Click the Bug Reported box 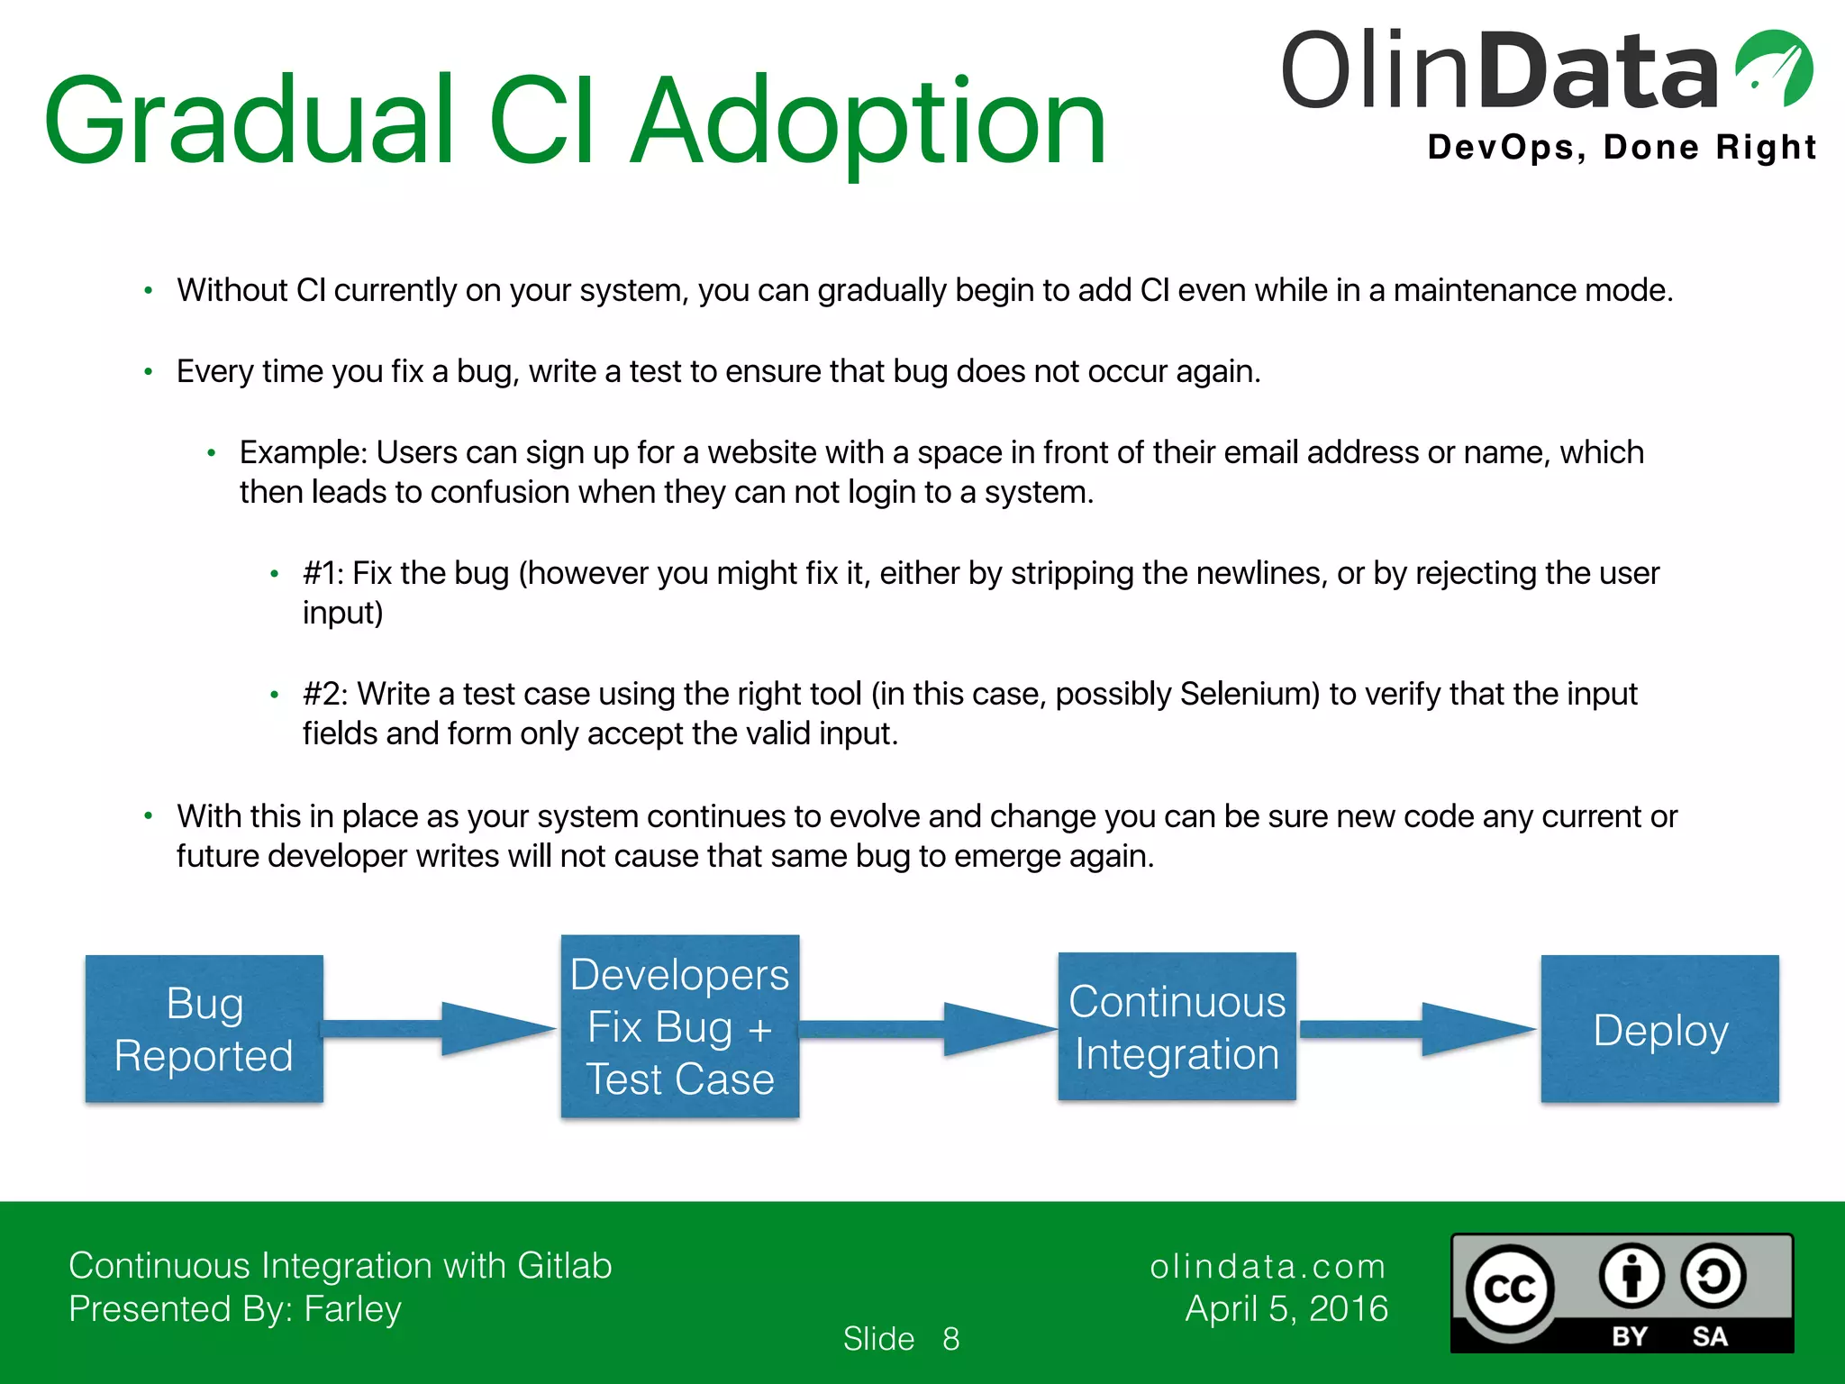click(204, 1029)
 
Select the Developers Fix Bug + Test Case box click(680, 1026)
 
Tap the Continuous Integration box click(1177, 1026)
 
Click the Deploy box click(1659, 1029)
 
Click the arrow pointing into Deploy click(1418, 1028)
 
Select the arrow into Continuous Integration click(928, 1028)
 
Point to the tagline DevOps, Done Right click(1622, 147)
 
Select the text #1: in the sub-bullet click(323, 573)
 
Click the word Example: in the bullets click(303, 452)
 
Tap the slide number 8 click(950, 1339)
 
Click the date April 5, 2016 click(1286, 1308)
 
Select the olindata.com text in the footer click(1268, 1266)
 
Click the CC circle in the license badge click(1510, 1289)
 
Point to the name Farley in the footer click(352, 1308)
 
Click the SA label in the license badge click(1709, 1336)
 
